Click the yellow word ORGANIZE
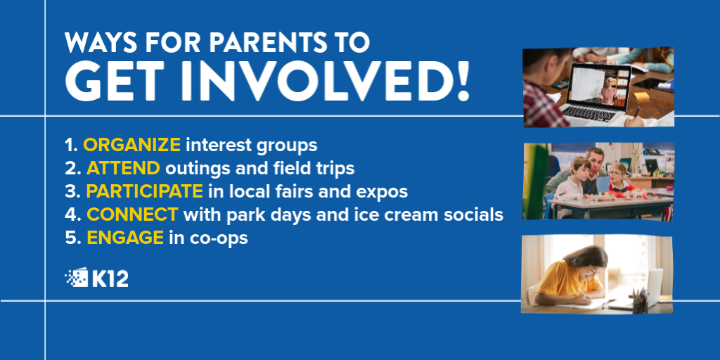[x=131, y=145]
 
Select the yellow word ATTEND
[x=123, y=169]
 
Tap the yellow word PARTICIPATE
[x=145, y=191]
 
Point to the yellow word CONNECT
[x=132, y=214]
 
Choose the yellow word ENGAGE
[x=125, y=238]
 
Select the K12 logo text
[x=110, y=278]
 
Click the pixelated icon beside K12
[x=76, y=277]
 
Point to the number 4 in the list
[x=69, y=215]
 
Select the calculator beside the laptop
[x=560, y=84]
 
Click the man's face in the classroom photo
[x=595, y=161]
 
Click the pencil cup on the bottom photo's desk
[x=640, y=302]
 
